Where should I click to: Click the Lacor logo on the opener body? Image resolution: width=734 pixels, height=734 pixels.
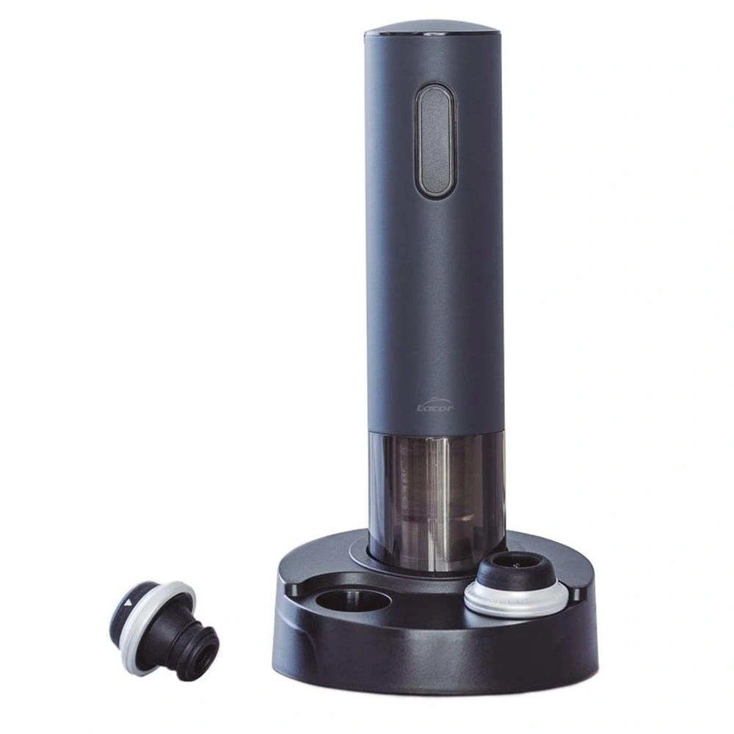tap(435, 406)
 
